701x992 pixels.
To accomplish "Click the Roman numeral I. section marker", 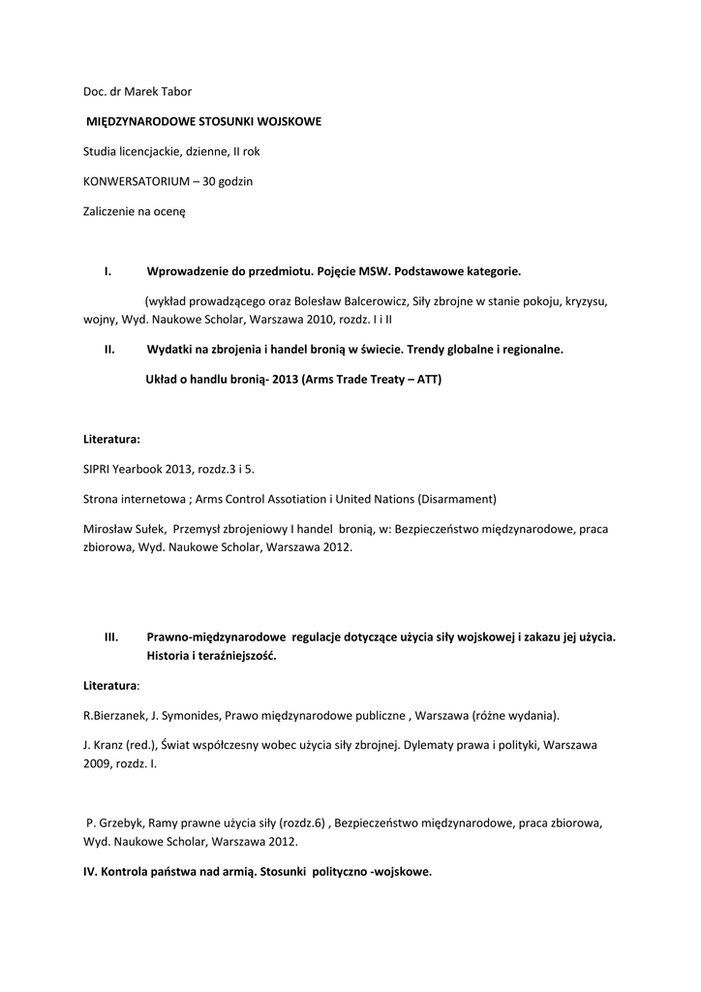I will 108,271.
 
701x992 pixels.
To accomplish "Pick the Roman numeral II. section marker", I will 110,349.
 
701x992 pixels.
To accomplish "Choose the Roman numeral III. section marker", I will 111,636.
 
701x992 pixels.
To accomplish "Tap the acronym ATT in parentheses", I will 423,380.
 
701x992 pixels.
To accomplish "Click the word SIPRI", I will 99,468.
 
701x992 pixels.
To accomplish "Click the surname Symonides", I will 188,716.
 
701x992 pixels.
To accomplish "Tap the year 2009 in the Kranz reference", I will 97,763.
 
